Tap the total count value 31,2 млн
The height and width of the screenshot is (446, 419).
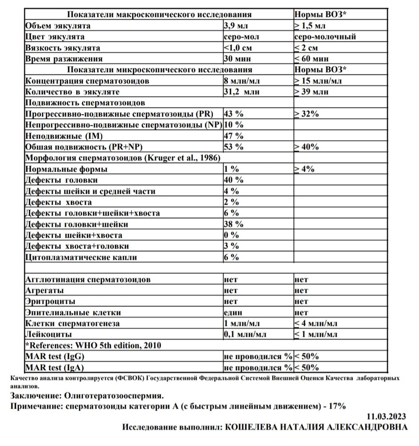[241, 92]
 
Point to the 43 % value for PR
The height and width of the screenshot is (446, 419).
[233, 114]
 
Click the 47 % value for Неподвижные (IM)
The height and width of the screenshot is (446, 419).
[233, 136]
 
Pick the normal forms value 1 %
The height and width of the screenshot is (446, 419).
[231, 169]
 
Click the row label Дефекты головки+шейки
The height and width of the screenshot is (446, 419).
[77, 224]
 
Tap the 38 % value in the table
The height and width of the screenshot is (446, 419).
[233, 224]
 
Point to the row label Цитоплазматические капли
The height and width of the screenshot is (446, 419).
[81, 257]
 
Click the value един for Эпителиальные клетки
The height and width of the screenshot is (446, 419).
[233, 313]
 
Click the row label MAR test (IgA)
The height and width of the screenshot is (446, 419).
[55, 368]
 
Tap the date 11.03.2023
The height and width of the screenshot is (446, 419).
[386, 417]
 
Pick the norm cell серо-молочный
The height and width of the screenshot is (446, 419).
[325, 37]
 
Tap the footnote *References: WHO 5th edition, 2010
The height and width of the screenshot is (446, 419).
[93, 346]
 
